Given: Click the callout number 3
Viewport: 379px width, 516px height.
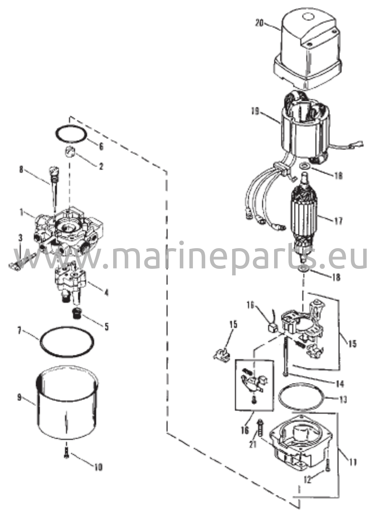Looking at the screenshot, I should (x=20, y=237).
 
